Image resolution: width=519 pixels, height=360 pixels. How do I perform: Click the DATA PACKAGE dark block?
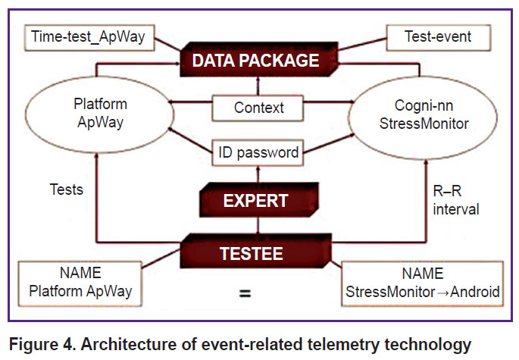pos(258,60)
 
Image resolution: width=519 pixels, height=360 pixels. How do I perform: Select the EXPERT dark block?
pos(259,200)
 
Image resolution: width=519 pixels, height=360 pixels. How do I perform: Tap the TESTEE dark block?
pos(255,251)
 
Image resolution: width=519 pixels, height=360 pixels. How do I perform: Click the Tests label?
pos(66,189)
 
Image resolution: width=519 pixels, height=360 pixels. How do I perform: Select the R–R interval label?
pos(456,200)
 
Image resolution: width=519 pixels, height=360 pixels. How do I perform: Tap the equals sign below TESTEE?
pos(245,293)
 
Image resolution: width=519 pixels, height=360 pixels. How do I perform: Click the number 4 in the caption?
pos(68,344)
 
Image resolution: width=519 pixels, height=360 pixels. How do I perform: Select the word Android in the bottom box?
pos(475,292)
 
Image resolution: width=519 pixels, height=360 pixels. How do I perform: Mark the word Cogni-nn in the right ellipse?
pos(424,105)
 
